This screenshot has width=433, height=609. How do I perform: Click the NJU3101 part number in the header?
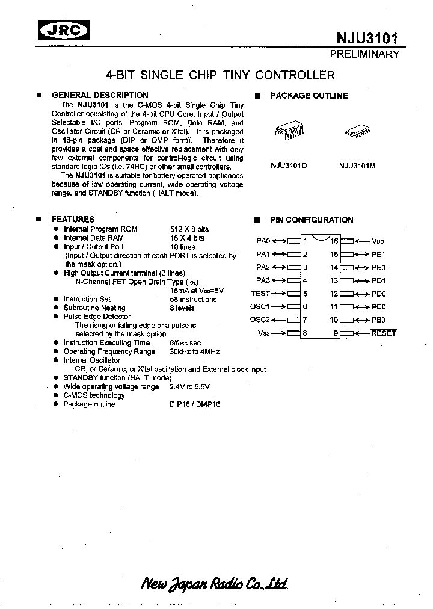367,39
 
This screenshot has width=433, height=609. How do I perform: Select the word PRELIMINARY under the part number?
364,54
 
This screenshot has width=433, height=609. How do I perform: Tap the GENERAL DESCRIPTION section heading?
100,95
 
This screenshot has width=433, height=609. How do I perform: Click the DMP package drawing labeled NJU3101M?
357,134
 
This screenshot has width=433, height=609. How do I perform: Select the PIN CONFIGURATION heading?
312,220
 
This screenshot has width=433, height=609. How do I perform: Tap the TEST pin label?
260,294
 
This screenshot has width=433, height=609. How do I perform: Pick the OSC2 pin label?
260,320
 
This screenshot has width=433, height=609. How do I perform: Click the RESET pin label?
384,333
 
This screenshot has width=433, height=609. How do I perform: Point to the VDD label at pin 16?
378,241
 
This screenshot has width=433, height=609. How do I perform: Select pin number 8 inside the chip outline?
305,333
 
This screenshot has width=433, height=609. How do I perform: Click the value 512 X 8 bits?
189,229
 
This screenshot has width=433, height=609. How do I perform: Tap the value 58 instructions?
194,299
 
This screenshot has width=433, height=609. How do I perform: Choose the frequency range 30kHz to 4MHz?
194,351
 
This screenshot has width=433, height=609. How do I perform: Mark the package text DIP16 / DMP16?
195,404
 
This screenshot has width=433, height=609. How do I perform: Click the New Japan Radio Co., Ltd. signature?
214,583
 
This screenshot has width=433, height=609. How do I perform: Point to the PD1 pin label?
378,280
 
